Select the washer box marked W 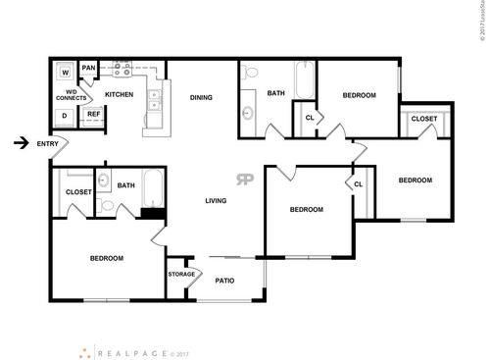pyautogui.click(x=65, y=72)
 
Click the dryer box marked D pyautogui.click(x=65, y=114)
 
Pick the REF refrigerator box pyautogui.click(x=93, y=114)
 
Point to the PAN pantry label pyautogui.click(x=89, y=68)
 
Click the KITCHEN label pyautogui.click(x=120, y=94)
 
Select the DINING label pyautogui.click(x=201, y=97)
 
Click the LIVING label pyautogui.click(x=217, y=201)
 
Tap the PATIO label pyautogui.click(x=224, y=281)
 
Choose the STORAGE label pyautogui.click(x=181, y=274)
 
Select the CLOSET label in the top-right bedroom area pyautogui.click(x=424, y=119)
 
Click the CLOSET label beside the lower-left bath pyautogui.click(x=78, y=192)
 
